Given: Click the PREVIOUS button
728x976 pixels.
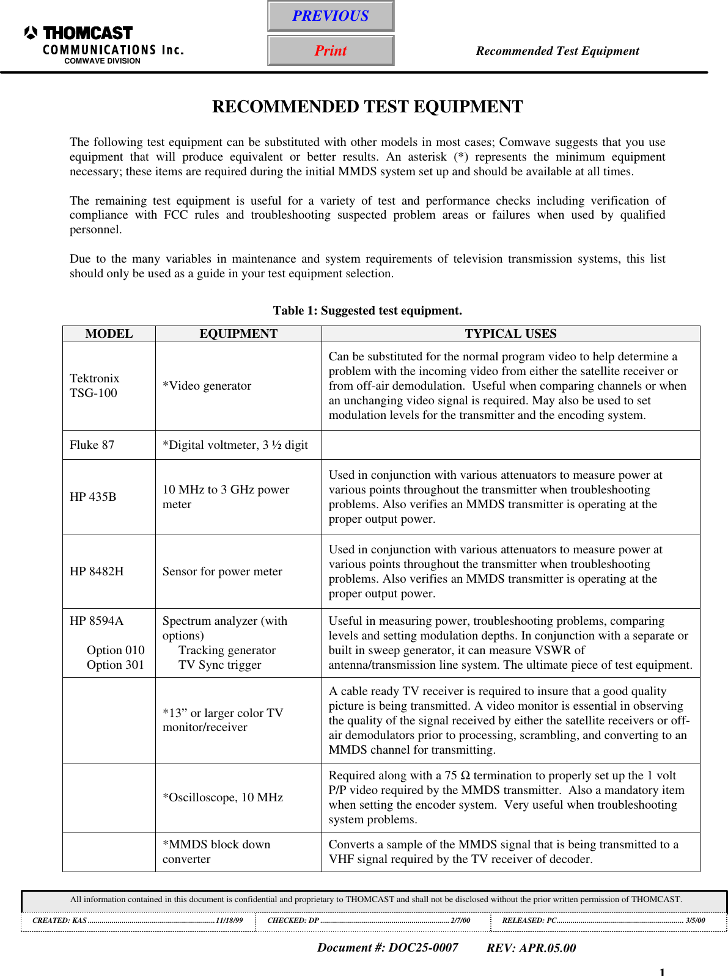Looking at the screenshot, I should tap(331, 16).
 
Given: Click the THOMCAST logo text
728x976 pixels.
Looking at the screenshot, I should tap(87, 33).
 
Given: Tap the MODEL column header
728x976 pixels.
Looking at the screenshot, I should tap(109, 333).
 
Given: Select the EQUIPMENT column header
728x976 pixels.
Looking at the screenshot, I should tap(238, 333).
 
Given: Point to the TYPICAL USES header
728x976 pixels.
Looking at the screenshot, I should tap(510, 333).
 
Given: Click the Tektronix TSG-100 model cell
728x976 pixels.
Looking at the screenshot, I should tap(95, 386).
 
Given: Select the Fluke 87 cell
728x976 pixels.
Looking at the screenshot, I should tap(92, 445).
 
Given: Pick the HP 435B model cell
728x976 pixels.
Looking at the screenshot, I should tap(93, 497).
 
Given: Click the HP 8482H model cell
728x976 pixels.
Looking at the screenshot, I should tap(97, 572).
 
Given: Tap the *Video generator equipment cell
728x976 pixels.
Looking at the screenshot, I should tap(207, 386).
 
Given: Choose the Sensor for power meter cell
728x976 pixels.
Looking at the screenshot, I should tap(222, 572).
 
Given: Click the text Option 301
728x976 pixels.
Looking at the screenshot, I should tap(116, 665).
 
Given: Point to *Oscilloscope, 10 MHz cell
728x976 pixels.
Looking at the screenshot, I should tap(223, 798).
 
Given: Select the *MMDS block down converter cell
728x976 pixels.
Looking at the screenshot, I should tap(216, 851).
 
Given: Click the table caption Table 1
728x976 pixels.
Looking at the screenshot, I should tap(367, 310).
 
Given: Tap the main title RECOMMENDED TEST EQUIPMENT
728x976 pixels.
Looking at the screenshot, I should tap(367, 107).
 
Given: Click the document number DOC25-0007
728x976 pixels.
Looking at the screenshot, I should tap(388, 947).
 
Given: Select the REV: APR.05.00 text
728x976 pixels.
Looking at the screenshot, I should tap(531, 948).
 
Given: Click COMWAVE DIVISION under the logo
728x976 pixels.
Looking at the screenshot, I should tap(102, 61).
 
